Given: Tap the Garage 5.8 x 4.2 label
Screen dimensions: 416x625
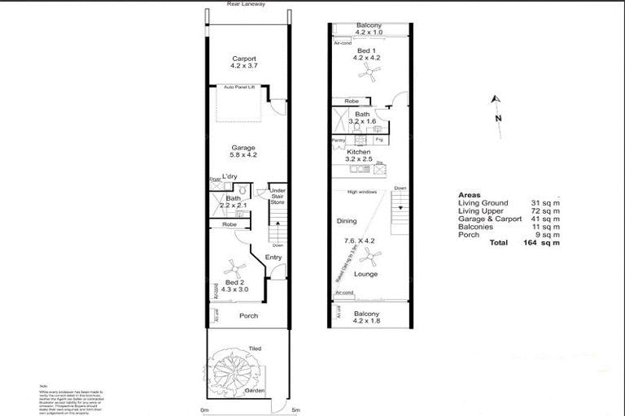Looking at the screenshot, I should (243, 152).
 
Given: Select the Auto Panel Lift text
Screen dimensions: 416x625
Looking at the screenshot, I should (240, 86).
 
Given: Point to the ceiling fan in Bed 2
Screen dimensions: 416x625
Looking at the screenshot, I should (235, 266).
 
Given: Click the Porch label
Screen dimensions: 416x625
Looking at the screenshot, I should (248, 316).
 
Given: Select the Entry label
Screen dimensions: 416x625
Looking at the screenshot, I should (273, 258).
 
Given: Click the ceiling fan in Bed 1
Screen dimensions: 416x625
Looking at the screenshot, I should (369, 74).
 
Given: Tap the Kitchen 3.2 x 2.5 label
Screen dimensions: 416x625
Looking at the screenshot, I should (359, 155).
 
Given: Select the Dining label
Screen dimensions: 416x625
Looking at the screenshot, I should (347, 221).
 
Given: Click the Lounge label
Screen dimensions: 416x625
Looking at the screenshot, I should (367, 275).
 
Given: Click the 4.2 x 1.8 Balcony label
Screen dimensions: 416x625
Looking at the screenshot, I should (367, 317).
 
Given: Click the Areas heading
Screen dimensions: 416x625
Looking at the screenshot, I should (470, 195).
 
